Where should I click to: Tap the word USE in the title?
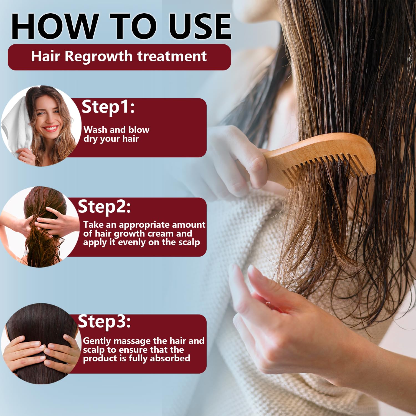click(x=200, y=26)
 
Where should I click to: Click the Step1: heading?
click(x=108, y=107)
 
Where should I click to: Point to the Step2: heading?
click(x=104, y=207)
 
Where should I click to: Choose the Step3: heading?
click(x=104, y=322)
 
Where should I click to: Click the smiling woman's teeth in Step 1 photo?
click(x=50, y=128)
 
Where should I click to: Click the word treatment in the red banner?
click(x=172, y=56)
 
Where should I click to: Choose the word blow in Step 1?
click(x=139, y=130)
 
